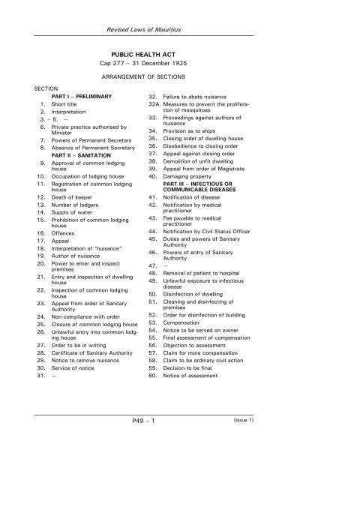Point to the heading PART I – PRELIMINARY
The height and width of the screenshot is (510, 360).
tap(81, 97)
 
